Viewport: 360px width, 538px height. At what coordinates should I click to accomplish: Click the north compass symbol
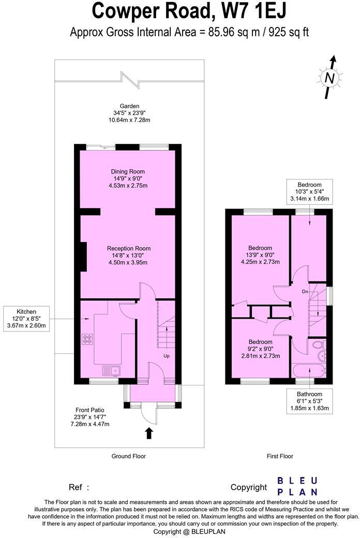pos(329,78)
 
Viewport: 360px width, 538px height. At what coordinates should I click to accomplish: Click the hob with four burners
pos(87,339)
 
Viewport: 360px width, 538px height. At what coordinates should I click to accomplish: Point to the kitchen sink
pos(111,369)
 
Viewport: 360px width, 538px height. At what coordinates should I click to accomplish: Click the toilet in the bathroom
pos(318,345)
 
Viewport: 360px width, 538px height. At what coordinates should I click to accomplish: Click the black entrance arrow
pos(149,433)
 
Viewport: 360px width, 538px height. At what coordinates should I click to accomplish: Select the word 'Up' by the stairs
pos(167,356)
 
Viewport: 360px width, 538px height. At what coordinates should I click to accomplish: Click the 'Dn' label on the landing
pos(305,292)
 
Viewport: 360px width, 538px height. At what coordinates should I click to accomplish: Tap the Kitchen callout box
pos(26,319)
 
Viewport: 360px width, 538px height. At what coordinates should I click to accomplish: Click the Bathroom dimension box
pos(309,401)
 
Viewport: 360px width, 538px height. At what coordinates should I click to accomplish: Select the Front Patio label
pos(91,417)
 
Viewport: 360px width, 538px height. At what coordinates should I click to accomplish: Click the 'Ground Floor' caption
pos(129,456)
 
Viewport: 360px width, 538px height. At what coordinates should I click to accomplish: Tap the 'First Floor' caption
pos(280,456)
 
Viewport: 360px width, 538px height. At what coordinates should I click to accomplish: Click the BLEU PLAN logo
pos(297,486)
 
